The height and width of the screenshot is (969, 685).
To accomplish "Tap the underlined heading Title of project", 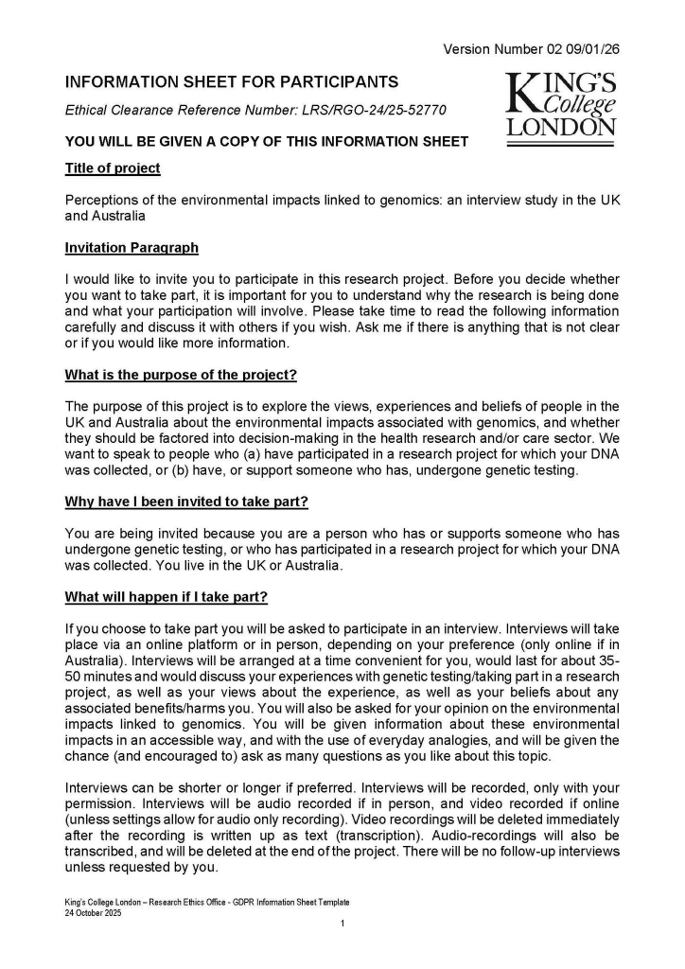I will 113,168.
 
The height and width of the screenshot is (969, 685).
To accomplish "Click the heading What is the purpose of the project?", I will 181,375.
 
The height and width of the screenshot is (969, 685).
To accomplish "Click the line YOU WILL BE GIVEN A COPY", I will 266,142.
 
